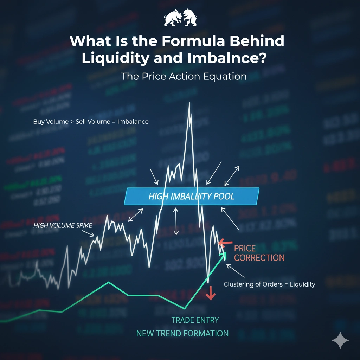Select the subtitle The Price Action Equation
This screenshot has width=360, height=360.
coord(184,76)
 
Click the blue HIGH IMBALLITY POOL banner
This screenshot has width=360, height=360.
coord(192,196)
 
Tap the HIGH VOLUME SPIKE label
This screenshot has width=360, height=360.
coord(63,225)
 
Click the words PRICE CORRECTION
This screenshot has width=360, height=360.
coord(259,253)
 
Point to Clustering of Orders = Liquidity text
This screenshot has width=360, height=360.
coord(269,284)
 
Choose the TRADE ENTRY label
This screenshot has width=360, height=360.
coord(195,320)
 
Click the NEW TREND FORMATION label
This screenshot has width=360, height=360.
coord(182,333)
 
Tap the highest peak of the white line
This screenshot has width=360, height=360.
coord(189,103)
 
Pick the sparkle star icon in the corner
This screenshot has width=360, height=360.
coord(340,341)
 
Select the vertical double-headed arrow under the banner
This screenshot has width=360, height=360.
coord(176,221)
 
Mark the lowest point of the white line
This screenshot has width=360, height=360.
coord(208,282)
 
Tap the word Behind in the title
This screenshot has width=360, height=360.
coord(262,41)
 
